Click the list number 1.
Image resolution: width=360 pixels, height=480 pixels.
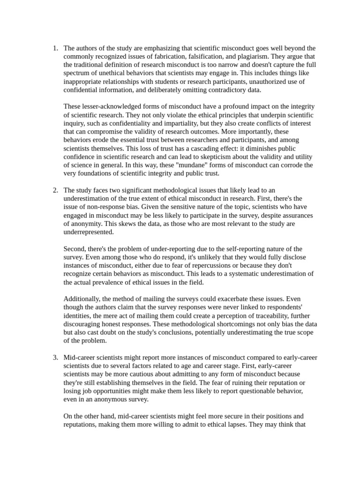pyautogui.click(x=54, y=48)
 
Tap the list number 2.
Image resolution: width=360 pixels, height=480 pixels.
pyautogui.click(x=54, y=190)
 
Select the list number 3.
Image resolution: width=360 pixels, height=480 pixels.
pyautogui.click(x=54, y=358)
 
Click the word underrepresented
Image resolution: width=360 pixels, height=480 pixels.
pyautogui.click(x=88, y=232)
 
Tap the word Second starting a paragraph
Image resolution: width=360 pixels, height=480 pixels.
pyautogui.click(x=75, y=249)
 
